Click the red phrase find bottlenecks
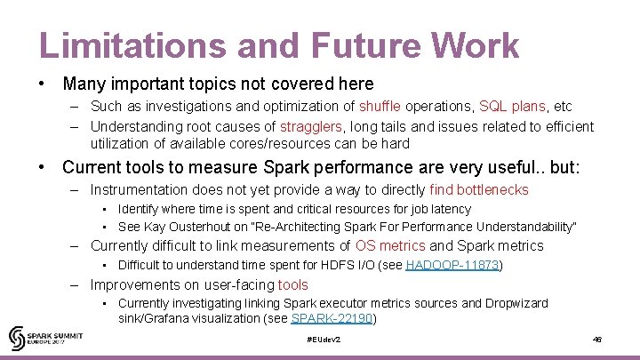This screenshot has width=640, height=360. (x=478, y=189)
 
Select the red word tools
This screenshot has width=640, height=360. (x=292, y=285)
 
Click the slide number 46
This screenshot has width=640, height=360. (x=597, y=340)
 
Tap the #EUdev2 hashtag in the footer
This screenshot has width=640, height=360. (x=323, y=340)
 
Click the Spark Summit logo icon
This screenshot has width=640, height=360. (x=18, y=338)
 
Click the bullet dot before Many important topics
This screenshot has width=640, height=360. (x=42, y=84)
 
